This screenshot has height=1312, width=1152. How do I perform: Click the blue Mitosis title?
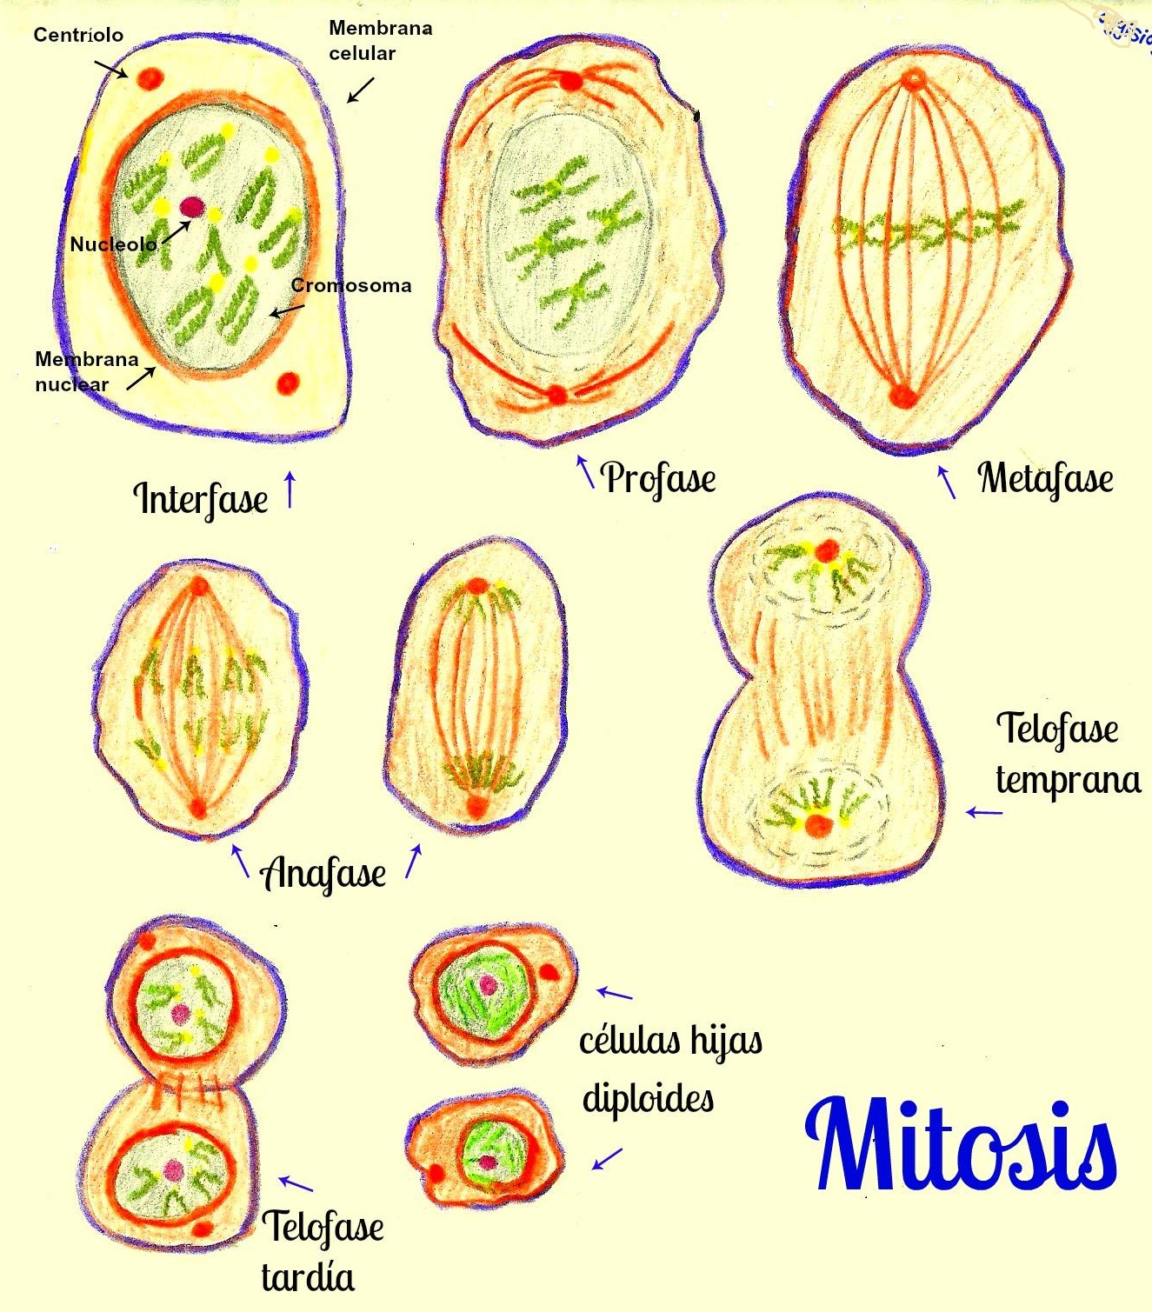pyautogui.click(x=961, y=1144)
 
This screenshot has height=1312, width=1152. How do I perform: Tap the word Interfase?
pyautogui.click(x=200, y=499)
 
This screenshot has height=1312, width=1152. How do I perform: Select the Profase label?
pyautogui.click(x=659, y=478)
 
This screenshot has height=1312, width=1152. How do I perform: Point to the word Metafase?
pyautogui.click(x=1046, y=478)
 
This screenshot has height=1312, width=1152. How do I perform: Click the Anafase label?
pyautogui.click(x=323, y=874)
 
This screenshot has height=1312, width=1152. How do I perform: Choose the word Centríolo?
pyautogui.click(x=78, y=35)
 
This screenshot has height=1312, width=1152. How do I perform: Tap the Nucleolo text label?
pyautogui.click(x=113, y=244)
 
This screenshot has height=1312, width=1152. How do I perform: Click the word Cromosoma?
pyautogui.click(x=351, y=285)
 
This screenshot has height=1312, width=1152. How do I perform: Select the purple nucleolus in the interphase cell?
pyautogui.click(x=192, y=207)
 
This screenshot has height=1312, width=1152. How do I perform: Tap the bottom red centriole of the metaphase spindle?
pyautogui.click(x=902, y=395)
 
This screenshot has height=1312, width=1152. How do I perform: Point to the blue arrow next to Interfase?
pyautogui.click(x=290, y=490)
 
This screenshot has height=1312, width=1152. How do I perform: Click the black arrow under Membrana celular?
pyautogui.click(x=361, y=90)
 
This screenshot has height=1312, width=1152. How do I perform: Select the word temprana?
pyautogui.click(x=1068, y=781)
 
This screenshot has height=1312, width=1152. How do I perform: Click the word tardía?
pyautogui.click(x=308, y=1277)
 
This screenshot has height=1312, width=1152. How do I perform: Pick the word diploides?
pyautogui.click(x=649, y=1099)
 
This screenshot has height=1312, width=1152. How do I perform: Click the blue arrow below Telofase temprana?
pyautogui.click(x=984, y=812)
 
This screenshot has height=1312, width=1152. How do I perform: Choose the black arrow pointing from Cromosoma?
pyautogui.click(x=287, y=311)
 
